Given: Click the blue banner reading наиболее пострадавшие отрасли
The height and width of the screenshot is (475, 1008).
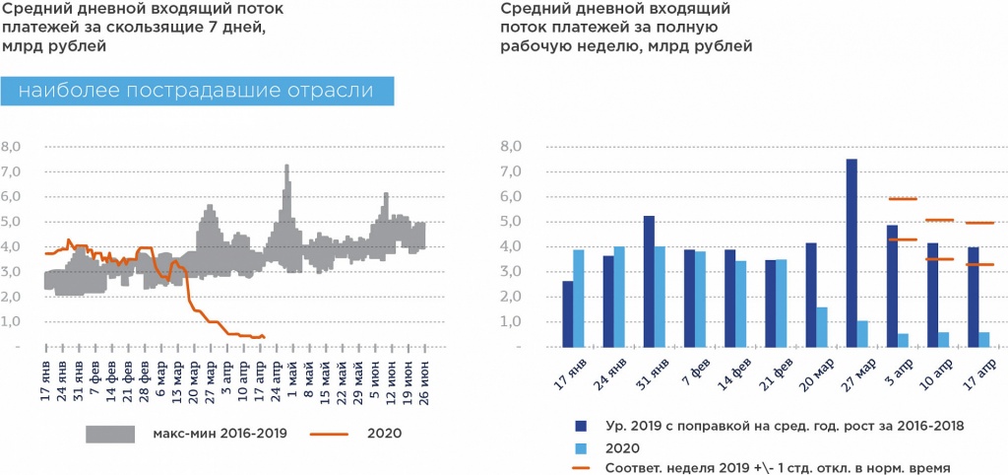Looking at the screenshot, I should point(198,91).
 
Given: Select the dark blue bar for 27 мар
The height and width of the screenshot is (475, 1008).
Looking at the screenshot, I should point(851,253).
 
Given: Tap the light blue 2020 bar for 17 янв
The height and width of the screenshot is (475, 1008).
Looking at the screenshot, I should point(580,298).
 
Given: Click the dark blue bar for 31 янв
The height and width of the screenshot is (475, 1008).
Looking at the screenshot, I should point(649,281).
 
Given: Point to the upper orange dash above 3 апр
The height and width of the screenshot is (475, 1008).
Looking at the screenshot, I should point(903,199).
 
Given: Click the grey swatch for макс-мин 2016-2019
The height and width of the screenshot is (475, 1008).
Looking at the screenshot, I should point(112,433).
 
